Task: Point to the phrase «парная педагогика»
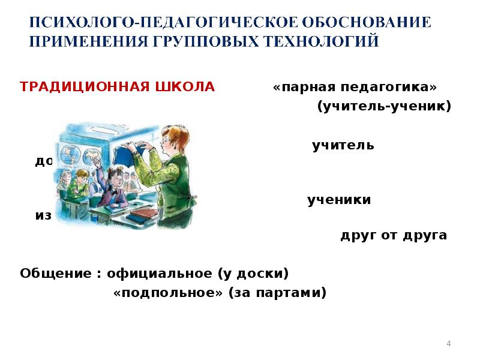[x=355, y=88]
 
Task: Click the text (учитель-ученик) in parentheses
[x=383, y=107]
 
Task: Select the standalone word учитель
[x=343, y=146]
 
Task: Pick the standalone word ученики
[x=339, y=200]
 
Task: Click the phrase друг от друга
[x=393, y=235]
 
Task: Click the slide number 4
[x=448, y=343]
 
